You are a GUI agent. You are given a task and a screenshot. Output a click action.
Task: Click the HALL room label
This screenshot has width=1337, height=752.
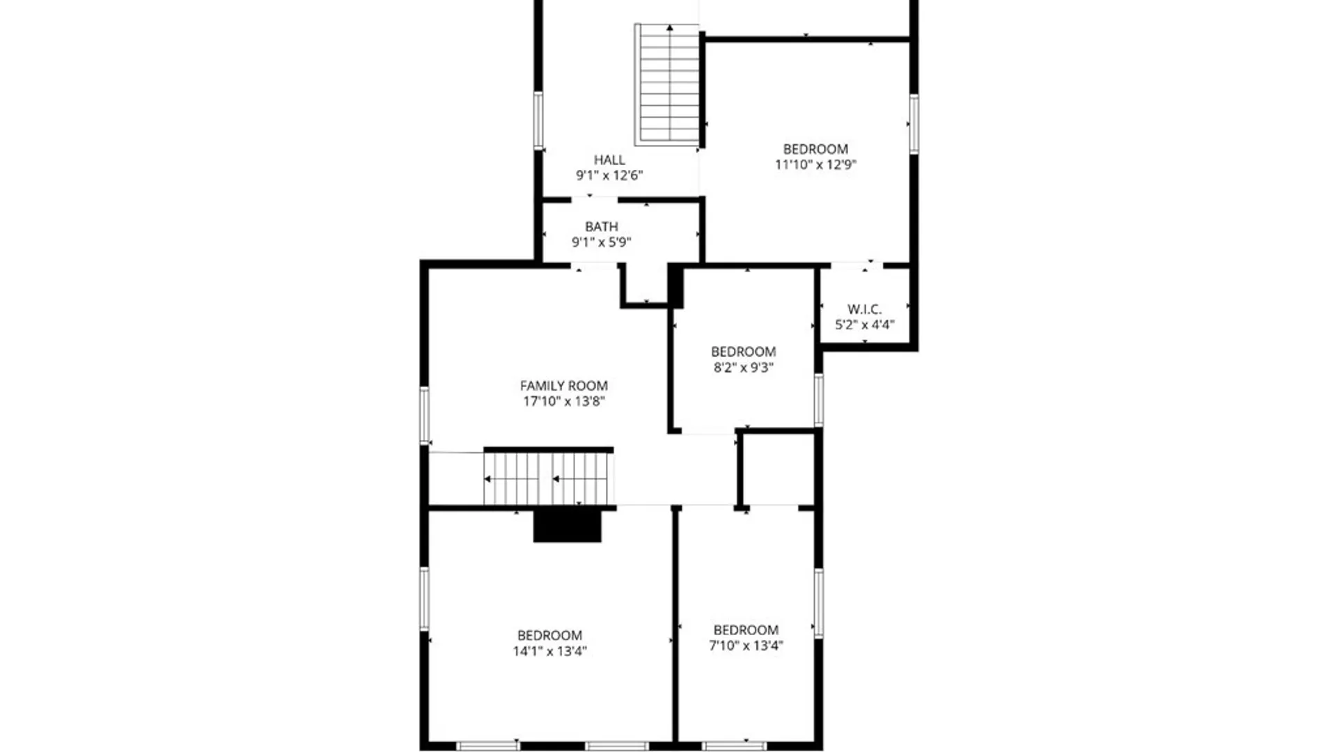point(609,160)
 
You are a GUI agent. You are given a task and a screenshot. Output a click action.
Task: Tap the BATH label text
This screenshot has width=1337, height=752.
point(601,227)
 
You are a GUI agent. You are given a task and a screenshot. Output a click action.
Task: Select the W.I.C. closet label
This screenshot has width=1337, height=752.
point(864,309)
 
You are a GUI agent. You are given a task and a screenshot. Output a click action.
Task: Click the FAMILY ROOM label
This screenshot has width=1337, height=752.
point(563,386)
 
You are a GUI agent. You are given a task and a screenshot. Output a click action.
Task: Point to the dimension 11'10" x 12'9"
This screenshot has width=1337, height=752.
point(815,165)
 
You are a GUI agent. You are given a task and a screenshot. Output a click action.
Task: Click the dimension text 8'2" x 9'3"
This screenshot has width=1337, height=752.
point(743,368)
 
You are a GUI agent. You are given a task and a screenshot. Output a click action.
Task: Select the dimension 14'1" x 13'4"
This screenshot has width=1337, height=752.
point(549,651)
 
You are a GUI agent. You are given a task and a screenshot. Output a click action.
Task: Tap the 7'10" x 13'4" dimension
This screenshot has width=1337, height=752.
point(746,645)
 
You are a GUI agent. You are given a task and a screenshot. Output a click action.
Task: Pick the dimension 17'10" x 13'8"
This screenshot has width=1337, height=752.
point(563,401)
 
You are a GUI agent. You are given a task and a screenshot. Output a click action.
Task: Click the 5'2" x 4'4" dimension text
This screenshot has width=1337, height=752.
point(864,324)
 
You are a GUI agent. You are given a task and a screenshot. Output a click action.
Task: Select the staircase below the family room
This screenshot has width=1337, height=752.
point(549,478)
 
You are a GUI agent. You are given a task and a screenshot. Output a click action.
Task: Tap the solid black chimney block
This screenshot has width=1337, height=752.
point(567,526)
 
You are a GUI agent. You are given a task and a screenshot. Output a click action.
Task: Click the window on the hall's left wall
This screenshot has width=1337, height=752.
point(538,120)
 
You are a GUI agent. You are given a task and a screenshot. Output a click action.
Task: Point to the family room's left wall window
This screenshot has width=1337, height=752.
point(424,415)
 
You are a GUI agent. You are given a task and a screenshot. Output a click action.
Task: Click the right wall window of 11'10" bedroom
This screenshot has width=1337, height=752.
point(914,124)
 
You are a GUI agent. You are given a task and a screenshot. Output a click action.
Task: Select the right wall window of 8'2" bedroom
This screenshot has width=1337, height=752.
point(819,400)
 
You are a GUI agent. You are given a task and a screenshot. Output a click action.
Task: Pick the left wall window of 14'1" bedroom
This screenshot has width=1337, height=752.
point(424,599)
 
